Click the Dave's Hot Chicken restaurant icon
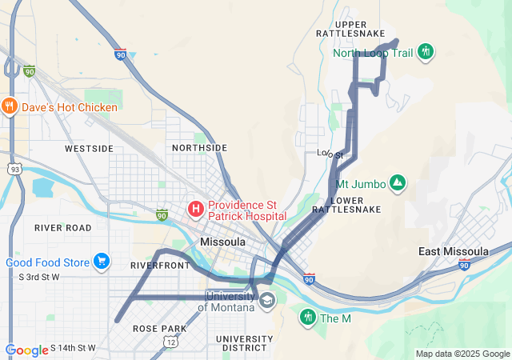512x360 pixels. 10,106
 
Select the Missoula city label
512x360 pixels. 223,241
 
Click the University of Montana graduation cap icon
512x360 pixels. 267,301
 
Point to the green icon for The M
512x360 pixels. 308,318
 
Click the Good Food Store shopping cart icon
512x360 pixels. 101,262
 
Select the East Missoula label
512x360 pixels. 454,251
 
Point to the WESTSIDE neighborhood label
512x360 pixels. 89,149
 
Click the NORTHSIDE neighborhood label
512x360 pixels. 199,148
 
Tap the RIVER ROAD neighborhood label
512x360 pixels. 63,228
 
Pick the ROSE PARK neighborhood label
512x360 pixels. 160,329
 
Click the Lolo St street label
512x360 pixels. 330,154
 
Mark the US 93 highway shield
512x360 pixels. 14,168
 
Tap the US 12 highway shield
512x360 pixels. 171,342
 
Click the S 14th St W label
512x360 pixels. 73,348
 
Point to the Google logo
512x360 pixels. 26,350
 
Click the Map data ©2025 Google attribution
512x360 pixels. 462,354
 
